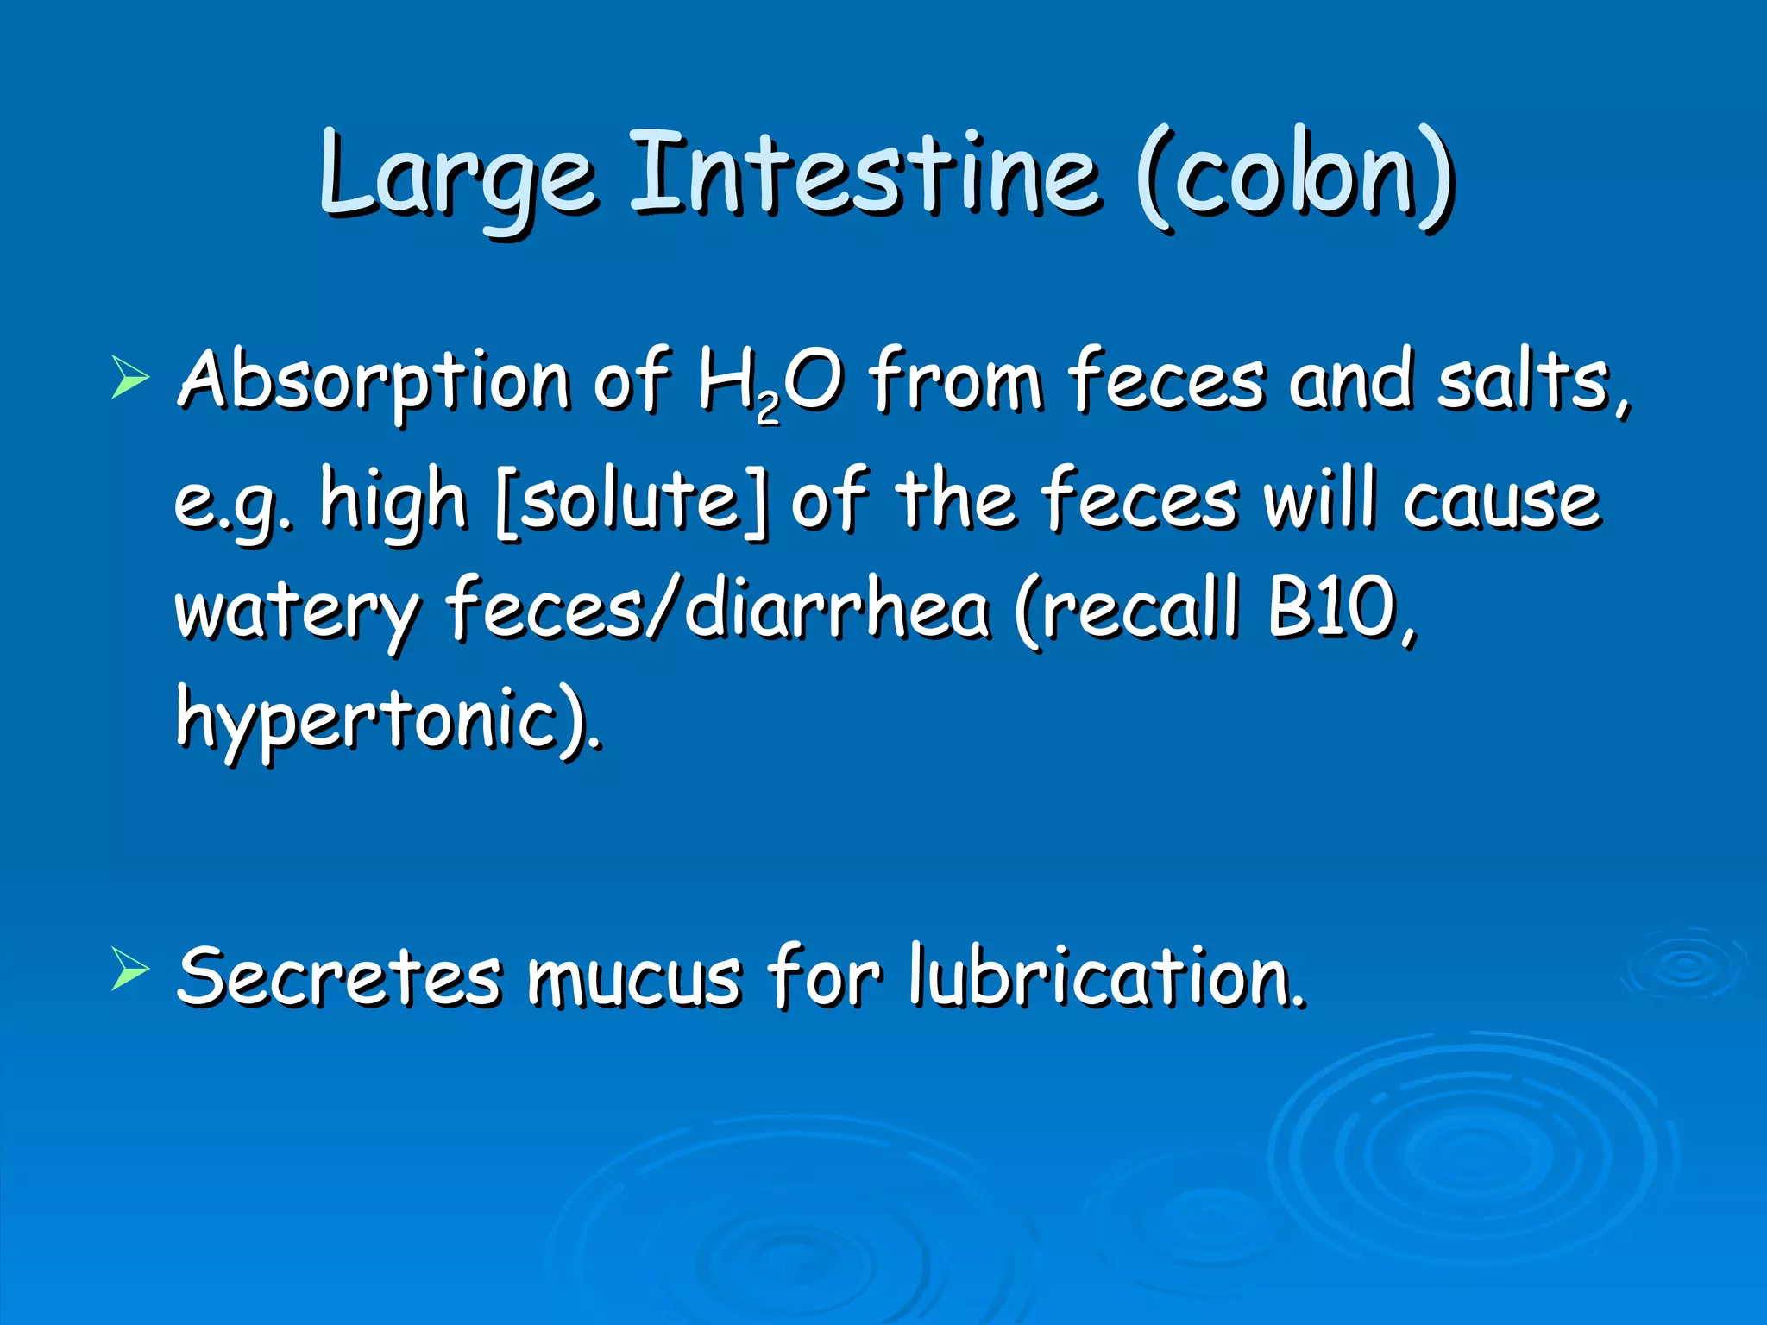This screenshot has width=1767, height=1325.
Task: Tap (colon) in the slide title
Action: pos(1294,177)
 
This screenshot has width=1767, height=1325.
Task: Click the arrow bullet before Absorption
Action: pos(130,380)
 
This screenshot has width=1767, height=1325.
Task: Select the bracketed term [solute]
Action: pos(632,500)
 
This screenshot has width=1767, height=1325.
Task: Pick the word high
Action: pos(393,500)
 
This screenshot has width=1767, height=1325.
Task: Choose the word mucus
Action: pos(635,978)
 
